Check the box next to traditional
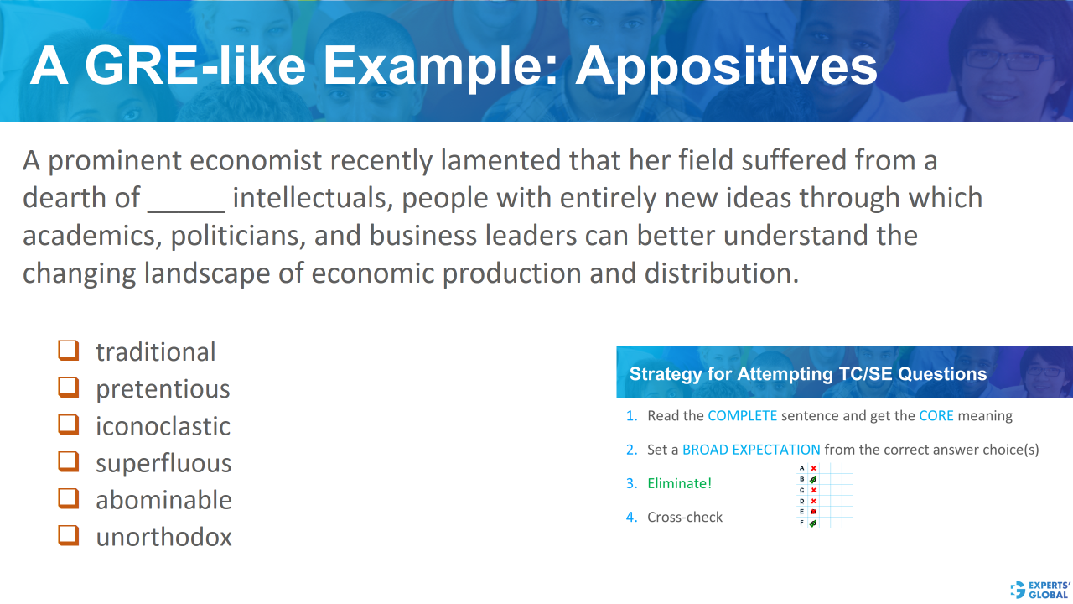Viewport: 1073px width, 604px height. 68,350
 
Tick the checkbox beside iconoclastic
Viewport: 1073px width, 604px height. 68,424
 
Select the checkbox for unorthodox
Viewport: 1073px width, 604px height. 68,535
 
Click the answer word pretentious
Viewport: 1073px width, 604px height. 163,389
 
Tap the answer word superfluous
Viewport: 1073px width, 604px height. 163,463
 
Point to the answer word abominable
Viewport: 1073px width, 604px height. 163,500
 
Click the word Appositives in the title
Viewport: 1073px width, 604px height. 726,66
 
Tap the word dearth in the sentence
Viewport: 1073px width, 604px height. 63,198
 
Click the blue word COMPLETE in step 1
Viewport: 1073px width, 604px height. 742,416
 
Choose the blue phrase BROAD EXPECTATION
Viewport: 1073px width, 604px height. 751,450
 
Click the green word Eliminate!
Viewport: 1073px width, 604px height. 679,483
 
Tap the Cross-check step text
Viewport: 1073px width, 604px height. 685,517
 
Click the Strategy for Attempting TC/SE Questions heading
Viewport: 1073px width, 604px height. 808,374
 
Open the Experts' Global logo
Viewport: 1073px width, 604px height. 1040,589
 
